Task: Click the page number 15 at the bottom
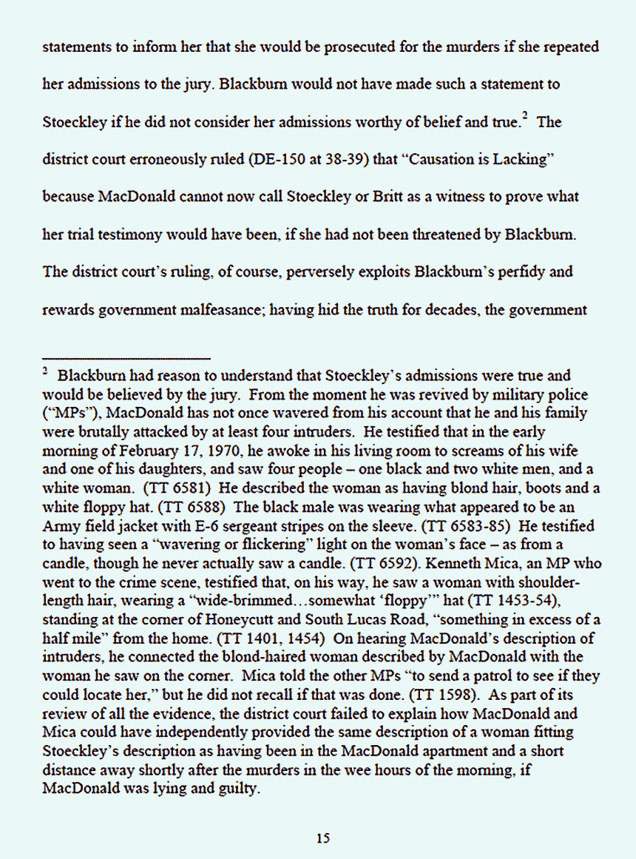pyautogui.click(x=322, y=838)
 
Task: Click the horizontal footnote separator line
pyautogui.click(x=126, y=358)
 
